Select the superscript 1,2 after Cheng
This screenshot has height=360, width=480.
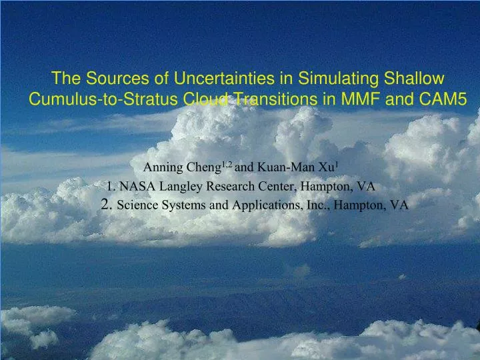pos(226,163)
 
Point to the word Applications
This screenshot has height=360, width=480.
pos(254,205)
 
